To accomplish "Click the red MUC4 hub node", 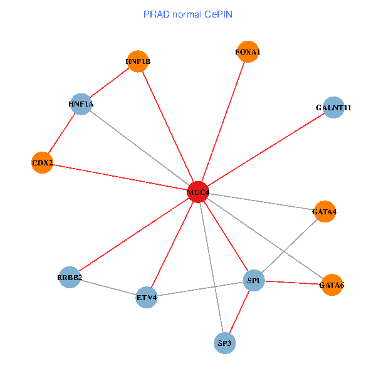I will pos(198,191).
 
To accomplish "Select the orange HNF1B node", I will pos(137,61).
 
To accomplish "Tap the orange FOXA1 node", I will pos(248,52).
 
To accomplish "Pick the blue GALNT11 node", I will pos(333,108).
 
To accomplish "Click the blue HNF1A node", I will pos(81,103).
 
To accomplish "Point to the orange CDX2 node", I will pos(42,163).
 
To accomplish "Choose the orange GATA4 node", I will pos(325,212).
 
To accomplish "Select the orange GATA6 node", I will pos(332,285).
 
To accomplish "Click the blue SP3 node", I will pos(225,343).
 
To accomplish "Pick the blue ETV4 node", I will pos(147,297).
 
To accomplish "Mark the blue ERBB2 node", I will pos(70,277).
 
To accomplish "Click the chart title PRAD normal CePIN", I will pos(188,14).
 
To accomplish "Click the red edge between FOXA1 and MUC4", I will pos(223,122).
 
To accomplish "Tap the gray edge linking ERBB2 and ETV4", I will pos(108,287).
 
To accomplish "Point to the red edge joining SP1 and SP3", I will pos(239,311).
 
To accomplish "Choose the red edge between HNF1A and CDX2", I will pos(61,133).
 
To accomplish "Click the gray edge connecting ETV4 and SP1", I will pos(201,289).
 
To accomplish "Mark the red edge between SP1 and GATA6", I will pos(293,283).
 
